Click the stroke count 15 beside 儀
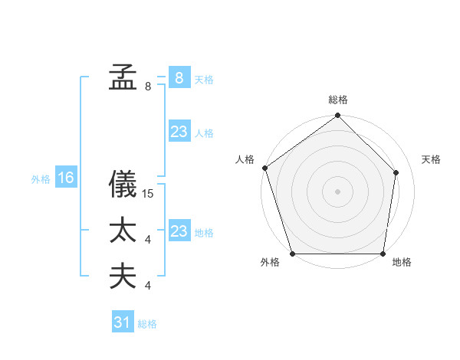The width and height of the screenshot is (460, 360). tap(149, 194)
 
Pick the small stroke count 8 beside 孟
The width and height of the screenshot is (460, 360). tap(148, 87)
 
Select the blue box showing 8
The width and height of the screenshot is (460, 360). tap(179, 77)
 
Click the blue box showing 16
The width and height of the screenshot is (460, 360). tap(66, 178)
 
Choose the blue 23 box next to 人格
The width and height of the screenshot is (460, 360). tap(179, 132)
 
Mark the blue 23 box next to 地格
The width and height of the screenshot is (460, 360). tap(179, 231)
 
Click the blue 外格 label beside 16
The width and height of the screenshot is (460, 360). tap(41, 179)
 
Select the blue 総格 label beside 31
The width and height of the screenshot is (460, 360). tap(147, 324)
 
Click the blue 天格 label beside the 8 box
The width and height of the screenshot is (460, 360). tap(204, 80)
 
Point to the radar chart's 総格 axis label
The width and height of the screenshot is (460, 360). tap(338, 100)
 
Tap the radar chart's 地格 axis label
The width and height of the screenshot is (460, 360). tap(402, 263)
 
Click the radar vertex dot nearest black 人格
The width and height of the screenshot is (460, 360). tap(265, 168)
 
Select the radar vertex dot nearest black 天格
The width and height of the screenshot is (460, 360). tap(396, 172)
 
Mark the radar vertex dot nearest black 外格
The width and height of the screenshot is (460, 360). tap(293, 254)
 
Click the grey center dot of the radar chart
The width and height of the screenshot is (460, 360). tap(338, 191)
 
